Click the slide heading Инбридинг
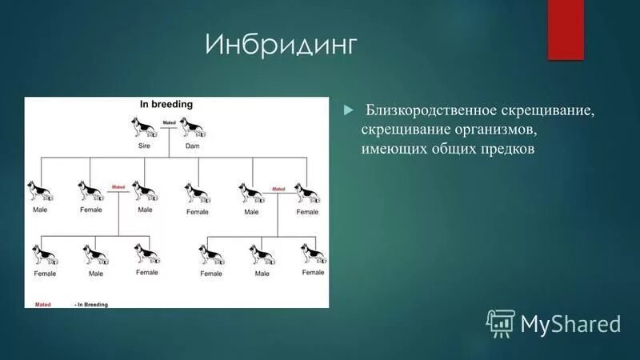click(x=280, y=45)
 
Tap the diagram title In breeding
click(x=166, y=104)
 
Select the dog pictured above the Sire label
click(x=144, y=128)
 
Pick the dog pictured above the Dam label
click(x=192, y=128)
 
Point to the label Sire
click(x=144, y=146)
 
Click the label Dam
click(x=192, y=146)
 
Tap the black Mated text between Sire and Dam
click(x=169, y=122)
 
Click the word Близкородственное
click(x=433, y=109)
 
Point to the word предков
click(x=504, y=149)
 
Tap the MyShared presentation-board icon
click(x=500, y=322)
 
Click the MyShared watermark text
click(x=570, y=323)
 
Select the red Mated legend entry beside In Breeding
click(x=43, y=305)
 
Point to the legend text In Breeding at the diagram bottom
click(x=92, y=305)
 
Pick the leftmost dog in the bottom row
click(x=44, y=254)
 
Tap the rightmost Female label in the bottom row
click(x=313, y=272)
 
